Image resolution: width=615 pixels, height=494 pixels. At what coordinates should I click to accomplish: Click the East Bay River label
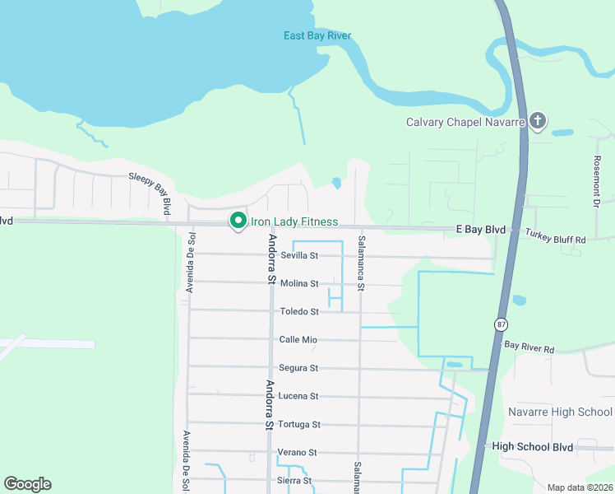(317, 35)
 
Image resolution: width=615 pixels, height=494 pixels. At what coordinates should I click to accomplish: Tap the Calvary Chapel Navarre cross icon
(538, 122)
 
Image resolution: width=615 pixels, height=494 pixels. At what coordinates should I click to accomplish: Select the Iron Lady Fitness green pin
(238, 221)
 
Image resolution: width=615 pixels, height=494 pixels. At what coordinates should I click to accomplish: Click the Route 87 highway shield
(501, 324)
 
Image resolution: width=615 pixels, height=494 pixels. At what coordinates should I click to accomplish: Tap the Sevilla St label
(299, 255)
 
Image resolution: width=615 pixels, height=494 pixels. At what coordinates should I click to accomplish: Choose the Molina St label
(299, 283)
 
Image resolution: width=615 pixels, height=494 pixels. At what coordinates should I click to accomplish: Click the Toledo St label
(299, 311)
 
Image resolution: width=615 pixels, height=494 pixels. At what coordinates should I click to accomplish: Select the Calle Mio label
(298, 339)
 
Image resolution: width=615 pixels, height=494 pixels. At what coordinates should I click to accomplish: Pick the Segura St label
(298, 368)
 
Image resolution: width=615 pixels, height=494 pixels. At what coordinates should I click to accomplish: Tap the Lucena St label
(298, 396)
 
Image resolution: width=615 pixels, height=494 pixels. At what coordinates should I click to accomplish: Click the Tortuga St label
(298, 424)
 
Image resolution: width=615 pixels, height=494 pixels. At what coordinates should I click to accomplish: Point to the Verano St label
(298, 452)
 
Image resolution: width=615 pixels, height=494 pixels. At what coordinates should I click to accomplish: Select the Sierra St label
(295, 480)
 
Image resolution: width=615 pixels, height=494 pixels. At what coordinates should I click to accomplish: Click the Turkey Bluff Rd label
(557, 239)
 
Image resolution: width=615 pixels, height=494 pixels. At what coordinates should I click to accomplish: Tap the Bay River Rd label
(529, 347)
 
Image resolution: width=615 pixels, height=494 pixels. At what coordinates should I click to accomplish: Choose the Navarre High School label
(560, 412)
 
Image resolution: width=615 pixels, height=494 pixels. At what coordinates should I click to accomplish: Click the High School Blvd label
(532, 445)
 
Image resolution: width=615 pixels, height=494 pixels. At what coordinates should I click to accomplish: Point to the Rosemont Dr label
(599, 182)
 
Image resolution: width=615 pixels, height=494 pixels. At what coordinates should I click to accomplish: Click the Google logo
(27, 484)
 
